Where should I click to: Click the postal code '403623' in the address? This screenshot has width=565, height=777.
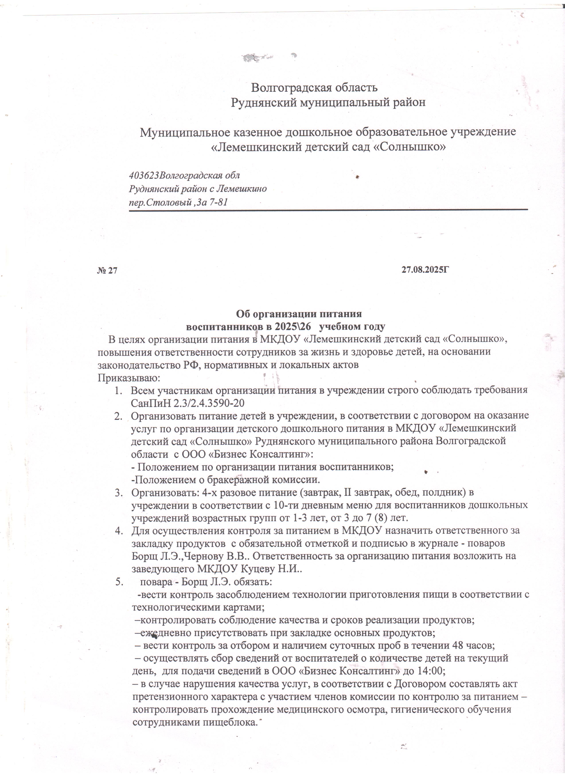[x=144, y=176]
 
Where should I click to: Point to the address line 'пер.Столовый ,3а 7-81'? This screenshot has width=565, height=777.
[x=178, y=202]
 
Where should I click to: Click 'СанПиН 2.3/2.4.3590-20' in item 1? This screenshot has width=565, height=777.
[x=187, y=403]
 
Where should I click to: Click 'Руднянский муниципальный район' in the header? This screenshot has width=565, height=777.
[x=328, y=102]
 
